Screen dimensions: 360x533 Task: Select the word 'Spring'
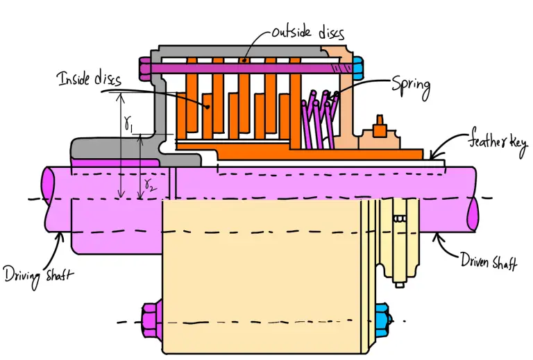411,86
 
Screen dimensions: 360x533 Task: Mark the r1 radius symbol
130,123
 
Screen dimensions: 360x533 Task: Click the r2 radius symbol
149,183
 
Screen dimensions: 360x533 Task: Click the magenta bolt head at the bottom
152,320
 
